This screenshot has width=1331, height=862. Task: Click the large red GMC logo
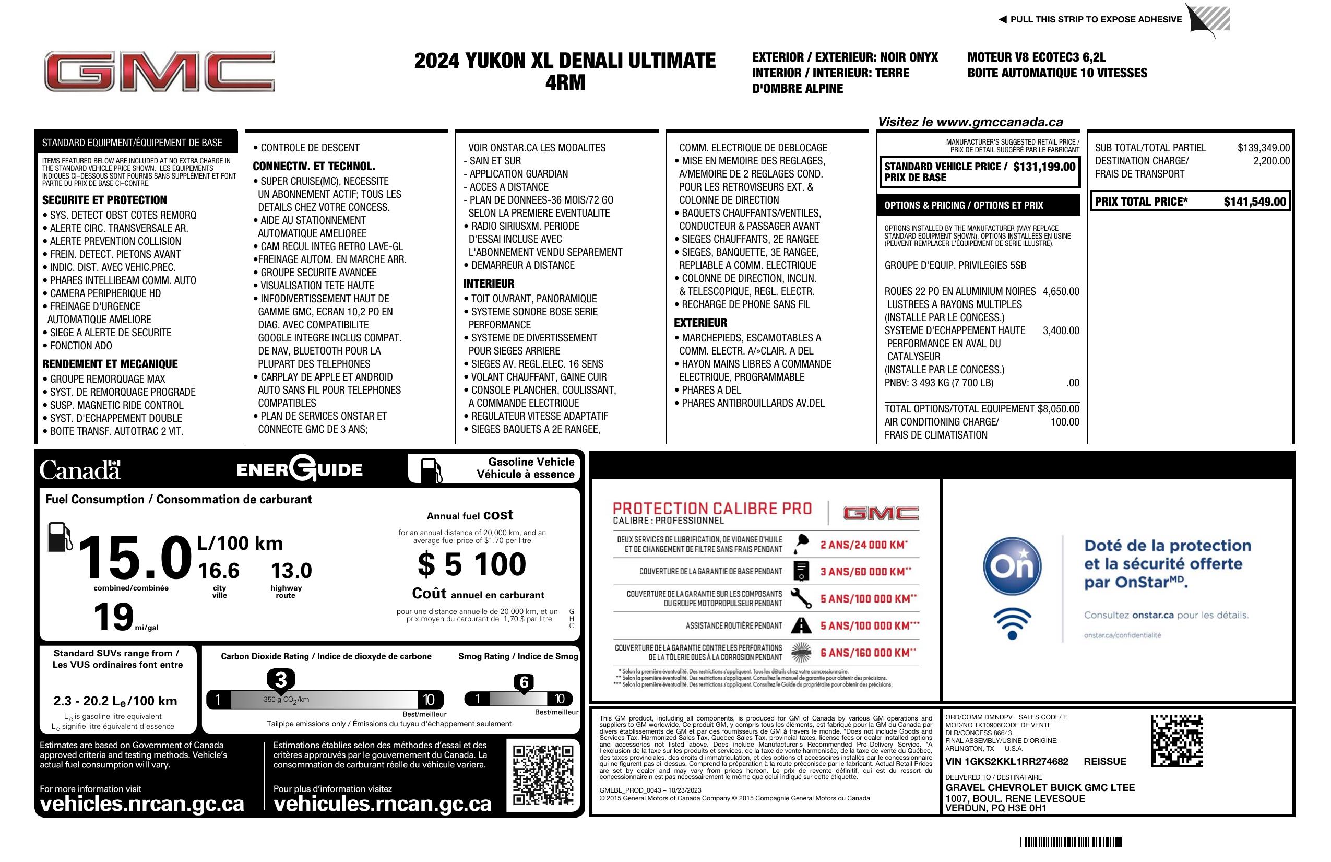159,72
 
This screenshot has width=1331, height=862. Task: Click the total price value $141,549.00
1254,202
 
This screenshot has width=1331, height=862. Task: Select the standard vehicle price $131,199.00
1043,167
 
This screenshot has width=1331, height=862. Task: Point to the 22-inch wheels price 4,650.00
1060,291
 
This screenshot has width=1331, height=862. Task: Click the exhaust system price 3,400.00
1060,330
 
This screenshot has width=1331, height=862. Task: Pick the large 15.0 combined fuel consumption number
134,557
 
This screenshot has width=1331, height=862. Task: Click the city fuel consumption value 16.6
219,571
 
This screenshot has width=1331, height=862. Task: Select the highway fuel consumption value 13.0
291,571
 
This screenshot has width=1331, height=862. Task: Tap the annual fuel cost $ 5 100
471,564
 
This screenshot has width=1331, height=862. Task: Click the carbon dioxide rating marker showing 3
281,680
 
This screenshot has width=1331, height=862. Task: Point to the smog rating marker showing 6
524,682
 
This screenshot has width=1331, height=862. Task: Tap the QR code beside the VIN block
1176,741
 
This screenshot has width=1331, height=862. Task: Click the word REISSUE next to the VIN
1104,761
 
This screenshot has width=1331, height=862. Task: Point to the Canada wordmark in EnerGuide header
80,470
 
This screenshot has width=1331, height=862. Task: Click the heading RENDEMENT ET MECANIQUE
110,364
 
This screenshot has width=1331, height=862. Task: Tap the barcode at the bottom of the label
1071,842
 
